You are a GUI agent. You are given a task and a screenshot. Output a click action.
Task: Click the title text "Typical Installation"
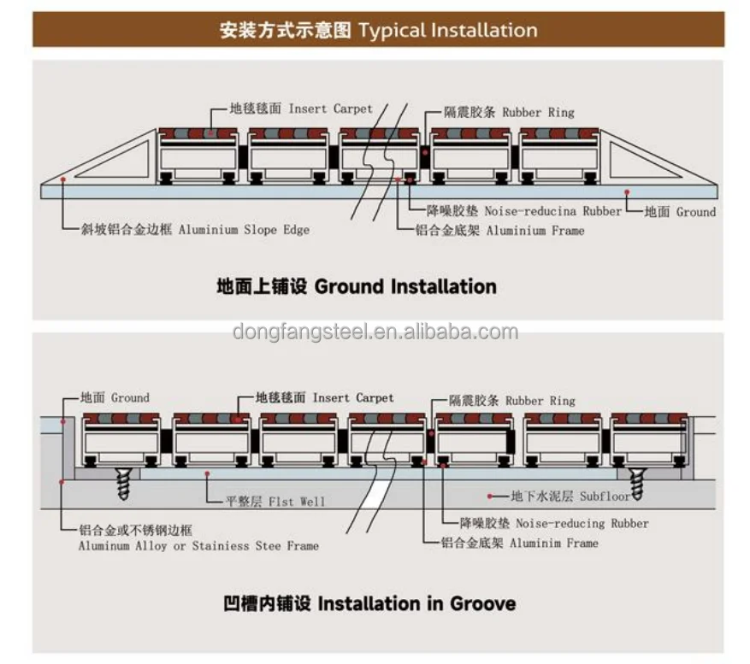pos(447,31)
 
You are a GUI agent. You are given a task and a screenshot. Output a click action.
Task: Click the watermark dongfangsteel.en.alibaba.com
pos(375,332)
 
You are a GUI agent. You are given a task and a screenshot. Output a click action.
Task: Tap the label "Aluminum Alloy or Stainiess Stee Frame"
pos(198,545)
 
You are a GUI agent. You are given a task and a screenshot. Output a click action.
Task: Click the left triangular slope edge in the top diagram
pos(111,162)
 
